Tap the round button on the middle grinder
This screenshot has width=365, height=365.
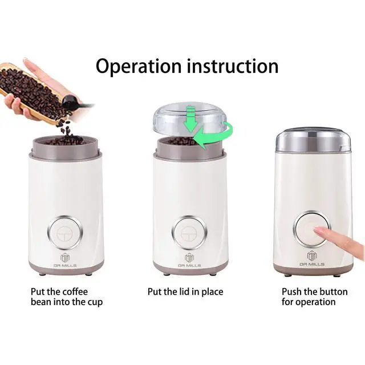pos(190,230)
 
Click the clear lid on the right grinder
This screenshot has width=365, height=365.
pos(313,140)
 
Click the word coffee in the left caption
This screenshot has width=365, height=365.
pos(76,291)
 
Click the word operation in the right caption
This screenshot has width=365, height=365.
pos(317,302)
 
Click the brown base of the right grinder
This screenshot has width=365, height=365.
pos(313,269)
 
